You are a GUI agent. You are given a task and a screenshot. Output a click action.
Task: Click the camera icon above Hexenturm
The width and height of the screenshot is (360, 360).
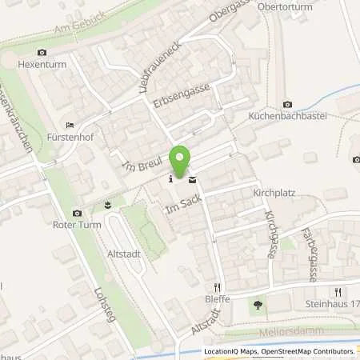(x=42, y=53)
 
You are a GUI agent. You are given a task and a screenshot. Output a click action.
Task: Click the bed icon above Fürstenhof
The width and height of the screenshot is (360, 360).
(x=70, y=126)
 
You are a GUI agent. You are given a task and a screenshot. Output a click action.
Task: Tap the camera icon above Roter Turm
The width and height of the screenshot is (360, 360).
(x=77, y=213)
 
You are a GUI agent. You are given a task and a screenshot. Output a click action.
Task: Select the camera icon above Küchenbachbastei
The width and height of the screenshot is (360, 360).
(x=288, y=103)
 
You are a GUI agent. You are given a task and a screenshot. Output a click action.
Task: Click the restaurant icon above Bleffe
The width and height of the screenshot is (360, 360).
(x=217, y=286)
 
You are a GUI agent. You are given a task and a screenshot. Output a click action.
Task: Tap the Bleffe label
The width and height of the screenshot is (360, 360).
(x=217, y=299)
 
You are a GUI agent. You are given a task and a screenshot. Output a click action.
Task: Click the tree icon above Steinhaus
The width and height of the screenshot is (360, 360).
(x=257, y=304)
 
